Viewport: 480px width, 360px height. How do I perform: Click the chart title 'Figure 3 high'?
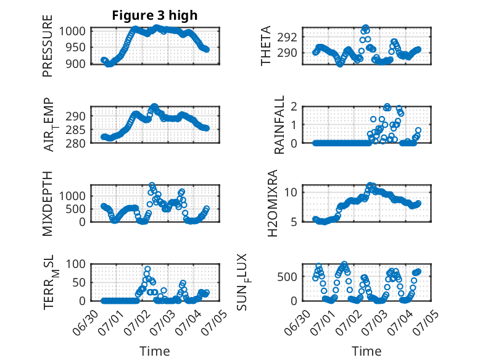(155, 15)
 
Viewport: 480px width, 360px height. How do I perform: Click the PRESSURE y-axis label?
(48, 46)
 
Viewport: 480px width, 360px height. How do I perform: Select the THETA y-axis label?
(266, 46)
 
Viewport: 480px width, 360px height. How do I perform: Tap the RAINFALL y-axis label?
(279, 125)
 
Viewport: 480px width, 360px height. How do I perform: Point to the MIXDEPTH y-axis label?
(48, 204)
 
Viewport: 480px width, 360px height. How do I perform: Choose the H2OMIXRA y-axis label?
(273, 203)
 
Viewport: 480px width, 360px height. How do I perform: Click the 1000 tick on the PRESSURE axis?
(72, 31)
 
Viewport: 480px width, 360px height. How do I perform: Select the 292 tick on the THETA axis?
(287, 38)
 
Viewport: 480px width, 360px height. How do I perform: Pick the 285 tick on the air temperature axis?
(75, 130)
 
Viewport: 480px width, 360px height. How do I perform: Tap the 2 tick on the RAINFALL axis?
(294, 107)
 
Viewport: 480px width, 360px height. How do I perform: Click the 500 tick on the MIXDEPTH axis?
(75, 209)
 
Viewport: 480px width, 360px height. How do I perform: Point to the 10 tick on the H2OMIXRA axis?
(291, 193)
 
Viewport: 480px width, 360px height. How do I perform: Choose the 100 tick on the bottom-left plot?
(75, 264)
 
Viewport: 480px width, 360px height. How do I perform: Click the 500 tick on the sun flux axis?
(287, 277)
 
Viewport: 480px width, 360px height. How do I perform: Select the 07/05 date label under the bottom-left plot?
(215, 320)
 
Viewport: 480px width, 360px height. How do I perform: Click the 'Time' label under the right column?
(366, 351)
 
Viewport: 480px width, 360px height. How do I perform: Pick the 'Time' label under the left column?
(155, 351)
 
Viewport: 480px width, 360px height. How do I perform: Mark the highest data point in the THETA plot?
(365, 28)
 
